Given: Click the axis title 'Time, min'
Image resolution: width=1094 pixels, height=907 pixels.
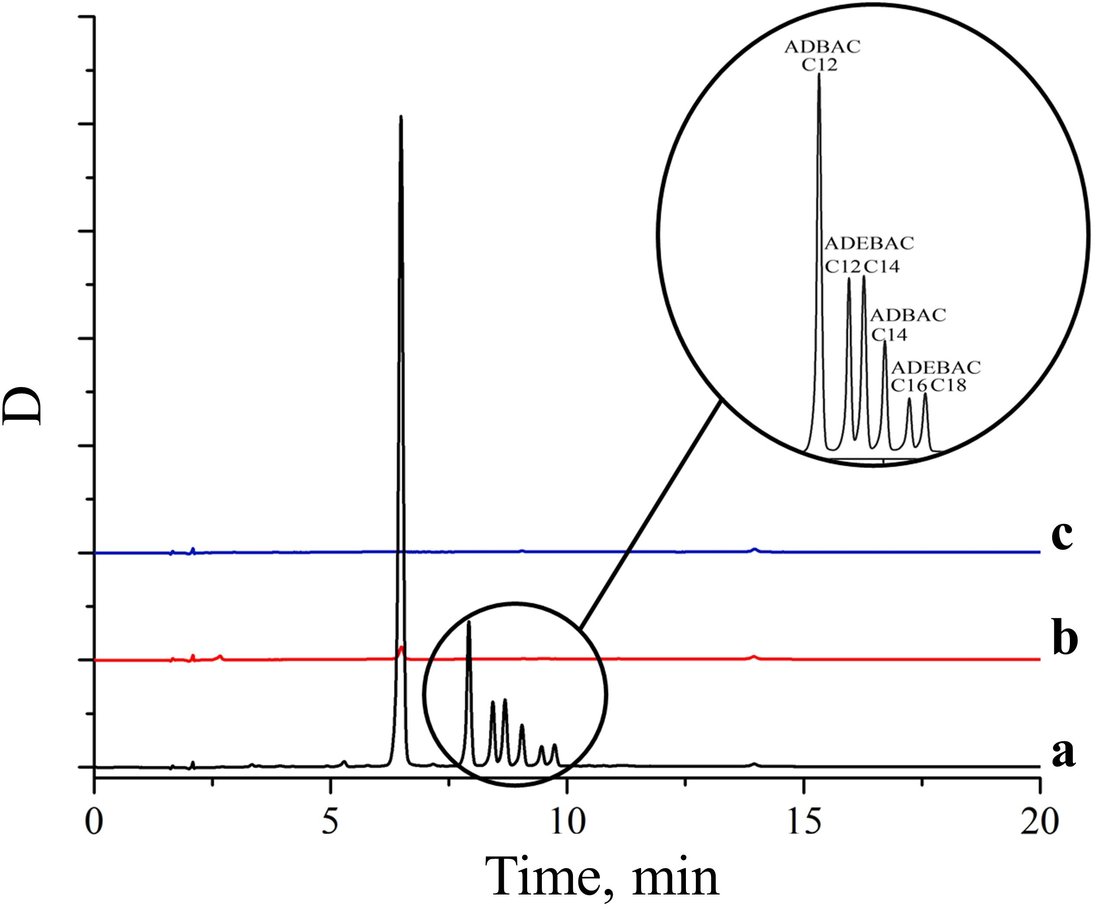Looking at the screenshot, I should pos(602,877).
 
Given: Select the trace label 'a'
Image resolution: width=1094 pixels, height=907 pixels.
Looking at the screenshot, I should pos(1063,754).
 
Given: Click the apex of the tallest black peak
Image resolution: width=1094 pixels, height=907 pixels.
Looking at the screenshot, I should pos(401,117).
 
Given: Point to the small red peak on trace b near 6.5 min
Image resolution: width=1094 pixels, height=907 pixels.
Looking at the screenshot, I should pos(401,648).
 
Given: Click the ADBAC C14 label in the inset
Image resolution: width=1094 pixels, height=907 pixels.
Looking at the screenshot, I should pos(908,324).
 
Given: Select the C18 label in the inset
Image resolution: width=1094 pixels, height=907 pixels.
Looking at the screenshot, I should pos(949,385).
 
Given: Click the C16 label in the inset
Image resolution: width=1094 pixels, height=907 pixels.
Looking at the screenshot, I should pos(909,385).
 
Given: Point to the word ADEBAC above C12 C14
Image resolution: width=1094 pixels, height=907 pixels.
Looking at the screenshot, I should pos(869,243).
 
